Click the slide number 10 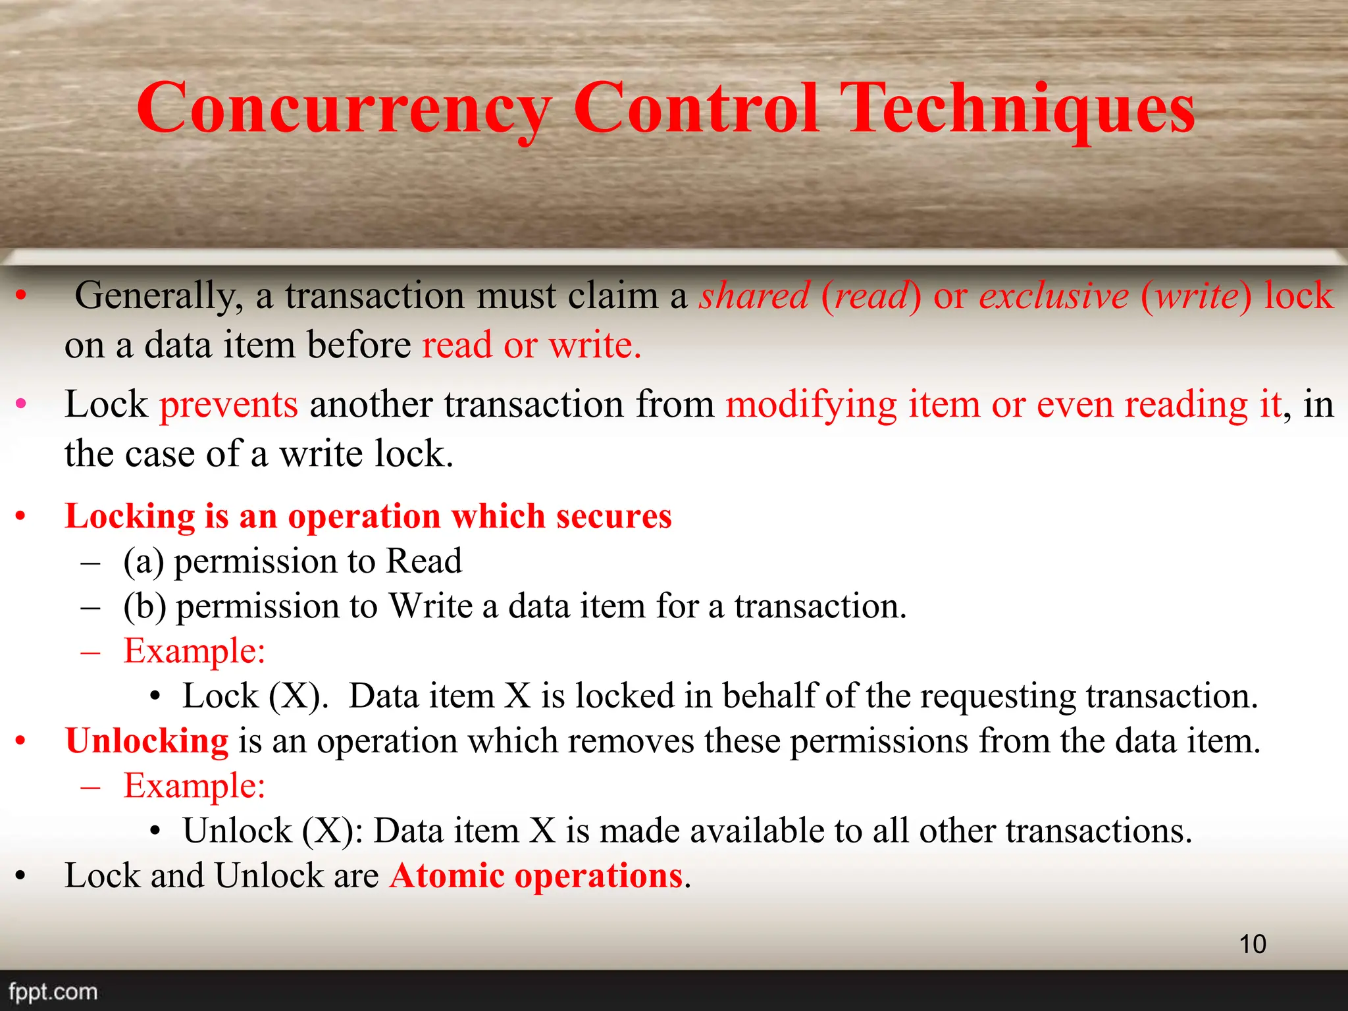pos(1253,944)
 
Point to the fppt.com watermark pos(53,991)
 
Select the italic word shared pos(754,296)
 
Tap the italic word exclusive pos(1054,296)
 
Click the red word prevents pos(228,405)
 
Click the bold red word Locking pos(130,516)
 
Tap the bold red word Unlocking pos(147,741)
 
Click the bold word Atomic pos(447,876)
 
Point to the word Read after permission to pos(424,561)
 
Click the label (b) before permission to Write pos(144,606)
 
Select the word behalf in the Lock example pos(767,696)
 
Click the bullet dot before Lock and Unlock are pos(21,876)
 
